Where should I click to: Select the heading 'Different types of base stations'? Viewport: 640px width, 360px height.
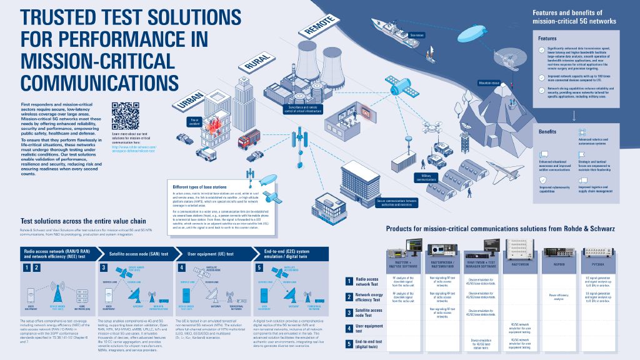pyautogui.click(x=201, y=186)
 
